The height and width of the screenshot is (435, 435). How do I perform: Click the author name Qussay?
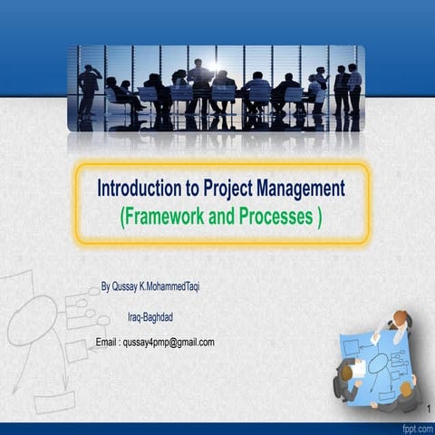click(x=130, y=285)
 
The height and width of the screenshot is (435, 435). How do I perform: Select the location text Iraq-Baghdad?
click(x=154, y=317)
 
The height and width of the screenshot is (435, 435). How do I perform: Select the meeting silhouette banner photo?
click(x=217, y=88)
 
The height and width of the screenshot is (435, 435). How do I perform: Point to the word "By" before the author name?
click(x=105, y=285)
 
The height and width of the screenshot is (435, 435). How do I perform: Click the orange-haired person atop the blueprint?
click(x=400, y=320)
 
